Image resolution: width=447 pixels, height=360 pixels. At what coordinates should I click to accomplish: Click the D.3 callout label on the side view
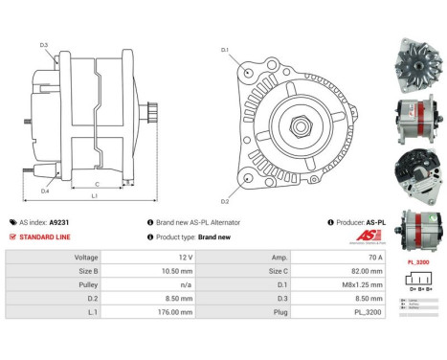44,45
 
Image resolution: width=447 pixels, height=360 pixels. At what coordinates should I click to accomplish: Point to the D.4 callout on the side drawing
45,191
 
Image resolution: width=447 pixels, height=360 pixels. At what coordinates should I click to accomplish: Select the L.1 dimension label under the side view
94,195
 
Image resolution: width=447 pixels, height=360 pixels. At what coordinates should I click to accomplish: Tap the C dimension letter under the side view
98,183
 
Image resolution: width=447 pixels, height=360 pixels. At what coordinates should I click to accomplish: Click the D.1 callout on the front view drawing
224,49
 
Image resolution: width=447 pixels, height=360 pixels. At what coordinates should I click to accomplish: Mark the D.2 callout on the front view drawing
224,200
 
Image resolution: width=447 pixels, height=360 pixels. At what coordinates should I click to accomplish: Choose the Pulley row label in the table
86,284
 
